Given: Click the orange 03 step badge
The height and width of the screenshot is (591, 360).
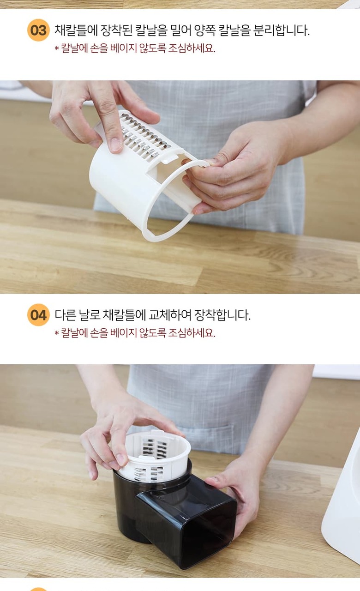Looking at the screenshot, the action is [x=38, y=30].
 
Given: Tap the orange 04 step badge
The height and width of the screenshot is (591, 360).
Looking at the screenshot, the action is [x=38, y=315].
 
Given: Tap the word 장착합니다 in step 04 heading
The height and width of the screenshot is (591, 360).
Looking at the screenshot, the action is [x=222, y=315].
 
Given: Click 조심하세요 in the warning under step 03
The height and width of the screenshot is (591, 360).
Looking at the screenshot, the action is [x=192, y=48].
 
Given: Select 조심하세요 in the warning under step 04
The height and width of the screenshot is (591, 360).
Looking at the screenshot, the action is [x=192, y=333].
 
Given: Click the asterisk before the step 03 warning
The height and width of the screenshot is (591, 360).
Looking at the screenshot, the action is [x=56, y=48].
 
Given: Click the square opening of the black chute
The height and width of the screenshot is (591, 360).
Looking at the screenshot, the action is [x=208, y=536].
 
